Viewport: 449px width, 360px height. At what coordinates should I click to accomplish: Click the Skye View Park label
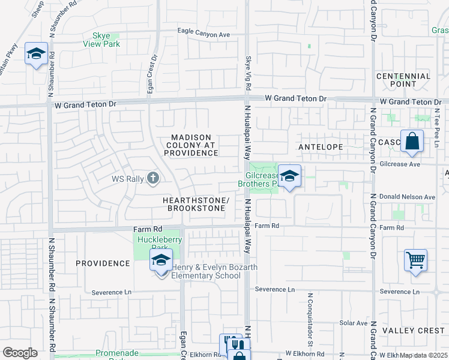click(x=106, y=40)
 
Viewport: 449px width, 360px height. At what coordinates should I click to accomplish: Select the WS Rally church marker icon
click(x=153, y=178)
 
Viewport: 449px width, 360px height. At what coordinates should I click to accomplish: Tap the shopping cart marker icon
click(x=415, y=260)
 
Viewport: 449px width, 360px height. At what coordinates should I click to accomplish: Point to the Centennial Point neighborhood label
click(x=403, y=80)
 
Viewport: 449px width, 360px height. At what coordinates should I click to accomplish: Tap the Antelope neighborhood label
click(x=321, y=147)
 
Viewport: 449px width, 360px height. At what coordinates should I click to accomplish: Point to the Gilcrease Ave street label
click(x=400, y=163)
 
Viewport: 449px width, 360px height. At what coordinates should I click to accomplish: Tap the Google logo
click(x=20, y=352)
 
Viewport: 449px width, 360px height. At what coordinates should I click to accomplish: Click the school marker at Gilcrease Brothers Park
click(x=289, y=176)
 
